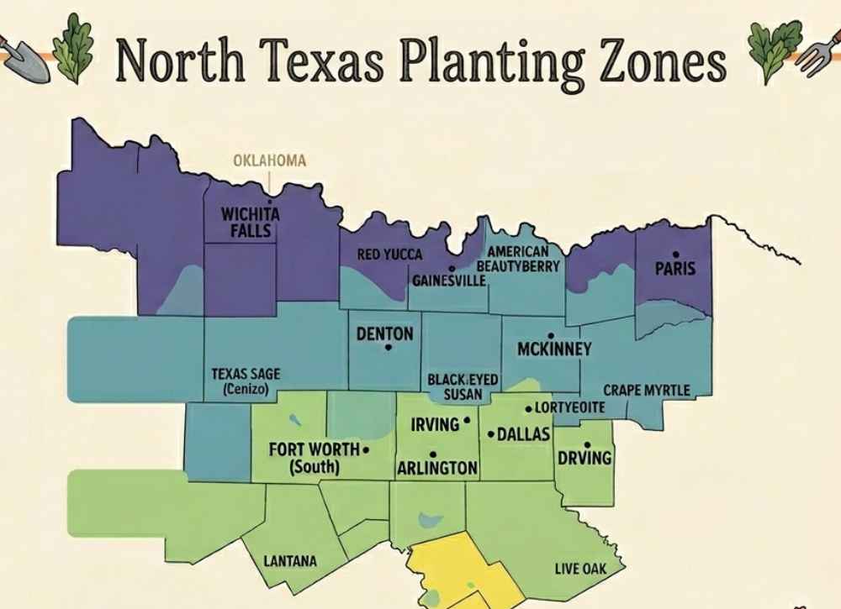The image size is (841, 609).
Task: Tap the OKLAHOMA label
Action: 269,160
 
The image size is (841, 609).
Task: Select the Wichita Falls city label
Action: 251,221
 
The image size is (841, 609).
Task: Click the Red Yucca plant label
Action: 390,255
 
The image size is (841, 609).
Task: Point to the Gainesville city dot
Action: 452,245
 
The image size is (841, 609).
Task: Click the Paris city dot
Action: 675,254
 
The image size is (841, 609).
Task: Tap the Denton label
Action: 385,333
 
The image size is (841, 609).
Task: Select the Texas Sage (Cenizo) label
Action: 246,381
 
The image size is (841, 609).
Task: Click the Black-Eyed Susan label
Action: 463,387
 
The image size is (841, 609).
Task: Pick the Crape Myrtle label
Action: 647,391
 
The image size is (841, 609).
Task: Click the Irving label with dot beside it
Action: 435,424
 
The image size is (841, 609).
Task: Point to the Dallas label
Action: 523,434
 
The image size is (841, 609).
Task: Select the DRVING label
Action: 584,459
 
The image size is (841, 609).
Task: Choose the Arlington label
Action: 436,468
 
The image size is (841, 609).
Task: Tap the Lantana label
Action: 290,561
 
